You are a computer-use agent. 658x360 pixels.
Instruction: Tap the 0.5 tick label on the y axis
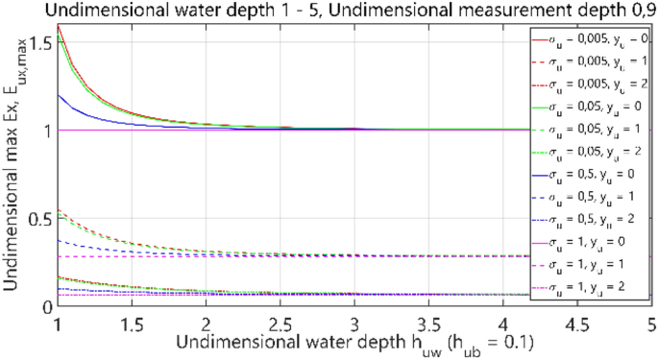click(x=38, y=218)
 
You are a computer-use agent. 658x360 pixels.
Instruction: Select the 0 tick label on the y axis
click(x=46, y=306)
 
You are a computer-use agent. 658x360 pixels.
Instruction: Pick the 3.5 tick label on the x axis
click(x=427, y=322)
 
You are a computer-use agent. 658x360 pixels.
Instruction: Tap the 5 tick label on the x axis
click(x=650, y=322)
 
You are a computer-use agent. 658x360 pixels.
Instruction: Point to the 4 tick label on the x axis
click(x=502, y=322)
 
